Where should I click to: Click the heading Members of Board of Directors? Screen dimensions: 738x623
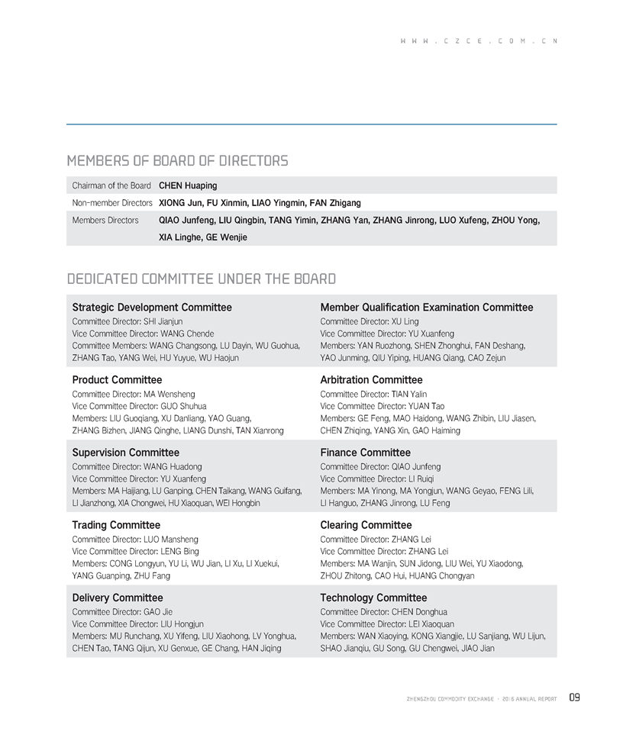pos(177,161)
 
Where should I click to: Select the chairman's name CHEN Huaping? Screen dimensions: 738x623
pos(188,185)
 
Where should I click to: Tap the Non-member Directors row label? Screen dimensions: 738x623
pos(112,203)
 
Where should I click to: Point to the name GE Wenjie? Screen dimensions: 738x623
pos(226,237)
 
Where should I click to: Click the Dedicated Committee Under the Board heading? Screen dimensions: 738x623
pos(202,279)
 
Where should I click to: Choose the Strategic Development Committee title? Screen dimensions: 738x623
pos(152,308)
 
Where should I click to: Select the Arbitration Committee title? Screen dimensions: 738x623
pos(372,380)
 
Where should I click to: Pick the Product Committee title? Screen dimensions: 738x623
pos(117,380)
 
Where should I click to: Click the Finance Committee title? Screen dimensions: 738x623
pos(366,453)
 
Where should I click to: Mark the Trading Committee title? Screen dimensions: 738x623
pos(116,525)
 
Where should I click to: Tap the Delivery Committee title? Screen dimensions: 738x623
pos(118,598)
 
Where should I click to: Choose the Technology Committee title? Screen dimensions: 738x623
pos(373,598)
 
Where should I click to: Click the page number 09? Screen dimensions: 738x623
pos(574,698)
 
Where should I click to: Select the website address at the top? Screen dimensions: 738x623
pos(478,41)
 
